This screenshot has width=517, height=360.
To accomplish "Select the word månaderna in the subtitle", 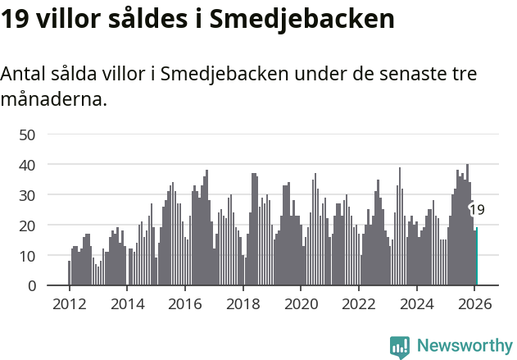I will coord(53,101).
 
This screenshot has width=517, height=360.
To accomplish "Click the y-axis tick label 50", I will coord(28,134).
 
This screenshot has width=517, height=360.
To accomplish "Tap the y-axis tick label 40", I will coord(28,165).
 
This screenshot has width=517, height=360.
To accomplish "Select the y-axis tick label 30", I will coord(28,195).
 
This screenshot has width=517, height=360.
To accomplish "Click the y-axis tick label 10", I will coord(28,256).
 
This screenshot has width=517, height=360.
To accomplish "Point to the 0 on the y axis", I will coord(32,286).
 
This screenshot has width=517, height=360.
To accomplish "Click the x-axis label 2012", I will coord(69,303).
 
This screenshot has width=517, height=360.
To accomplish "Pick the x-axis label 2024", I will coord(416,303).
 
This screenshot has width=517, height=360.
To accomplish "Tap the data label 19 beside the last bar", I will coord(477,210).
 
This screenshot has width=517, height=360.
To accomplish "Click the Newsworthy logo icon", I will coord(400,347).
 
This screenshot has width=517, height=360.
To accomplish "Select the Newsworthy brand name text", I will coord(464,346).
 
